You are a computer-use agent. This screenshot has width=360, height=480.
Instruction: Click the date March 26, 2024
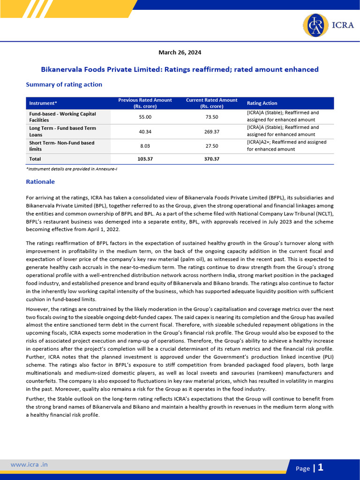(x=180, y=52)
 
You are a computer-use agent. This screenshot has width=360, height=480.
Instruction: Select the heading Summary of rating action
(x=64, y=84)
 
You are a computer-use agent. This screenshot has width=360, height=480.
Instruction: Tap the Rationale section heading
(x=40, y=181)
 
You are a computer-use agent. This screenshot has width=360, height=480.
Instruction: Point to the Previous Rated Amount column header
(x=145, y=103)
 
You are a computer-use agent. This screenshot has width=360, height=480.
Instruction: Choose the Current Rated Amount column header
(x=212, y=103)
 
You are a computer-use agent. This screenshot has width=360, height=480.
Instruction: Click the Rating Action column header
(x=262, y=103)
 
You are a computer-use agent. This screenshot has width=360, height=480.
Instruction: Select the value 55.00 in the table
(x=145, y=117)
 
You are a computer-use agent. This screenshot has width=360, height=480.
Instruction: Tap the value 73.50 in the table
(x=212, y=117)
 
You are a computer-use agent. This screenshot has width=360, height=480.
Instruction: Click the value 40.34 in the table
(x=145, y=131)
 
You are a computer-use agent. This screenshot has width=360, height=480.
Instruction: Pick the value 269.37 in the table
(x=212, y=131)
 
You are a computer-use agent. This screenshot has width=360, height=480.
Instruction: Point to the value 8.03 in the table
(x=145, y=146)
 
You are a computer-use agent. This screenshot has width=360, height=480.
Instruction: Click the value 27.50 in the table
(x=212, y=146)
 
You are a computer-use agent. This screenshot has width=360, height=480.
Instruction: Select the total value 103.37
(x=145, y=159)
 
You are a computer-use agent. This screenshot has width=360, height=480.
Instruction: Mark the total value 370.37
(x=212, y=159)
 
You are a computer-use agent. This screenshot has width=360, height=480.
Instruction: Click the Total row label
(x=36, y=159)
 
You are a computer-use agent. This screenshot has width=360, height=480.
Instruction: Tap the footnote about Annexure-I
(x=71, y=169)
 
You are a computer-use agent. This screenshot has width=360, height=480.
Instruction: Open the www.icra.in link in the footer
(x=29, y=465)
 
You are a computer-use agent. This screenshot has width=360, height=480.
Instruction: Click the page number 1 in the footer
(x=321, y=467)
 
